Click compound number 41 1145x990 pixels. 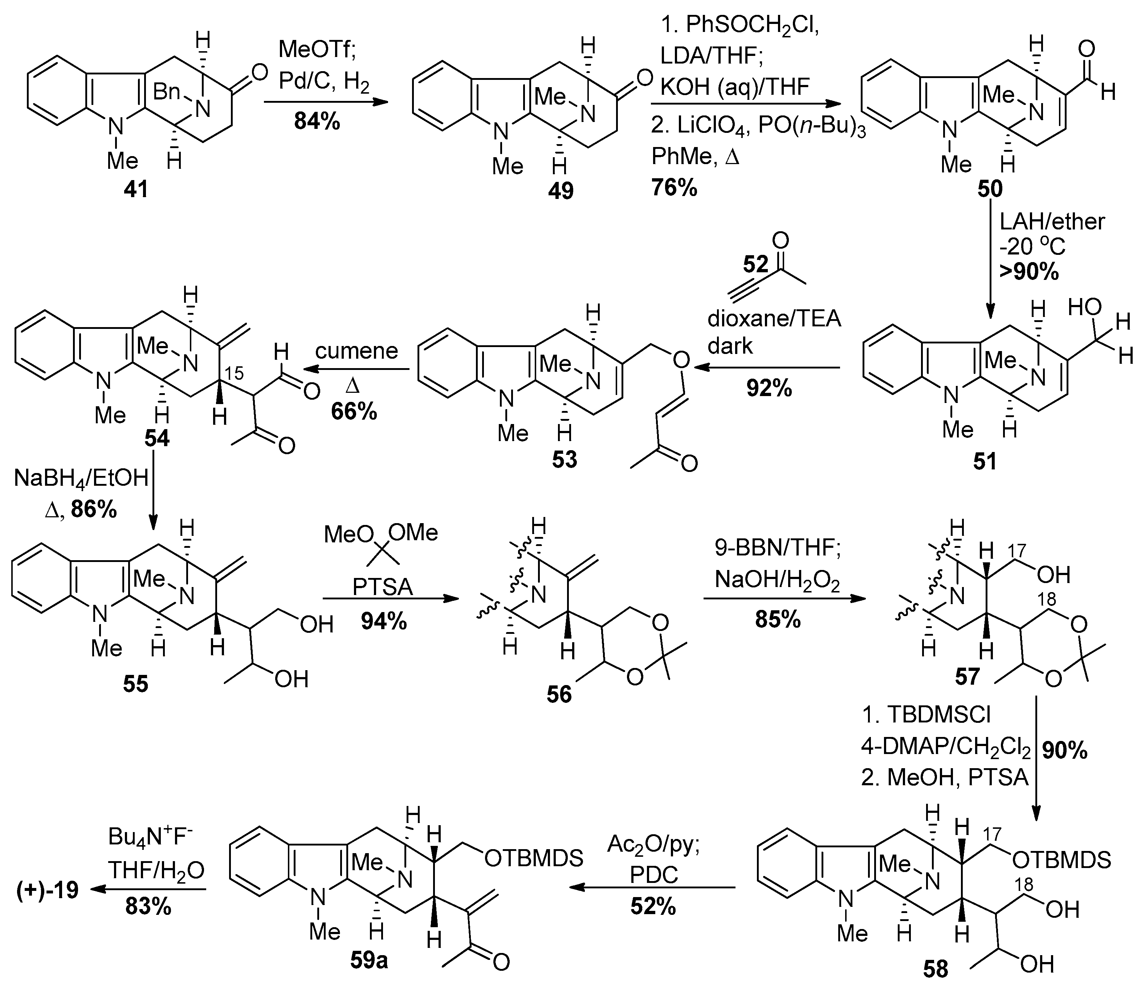(136, 190)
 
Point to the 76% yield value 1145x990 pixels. (674, 188)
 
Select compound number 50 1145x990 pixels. (990, 189)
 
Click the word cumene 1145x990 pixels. (357, 350)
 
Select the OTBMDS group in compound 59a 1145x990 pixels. (533, 858)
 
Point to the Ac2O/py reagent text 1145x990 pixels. (654, 845)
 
